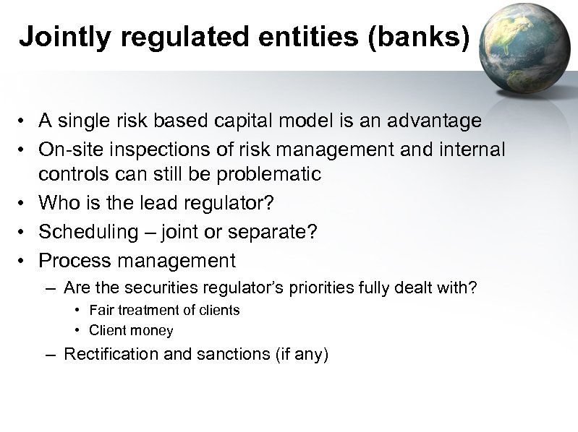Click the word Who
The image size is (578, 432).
point(59,204)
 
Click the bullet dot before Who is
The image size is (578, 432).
point(25,204)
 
